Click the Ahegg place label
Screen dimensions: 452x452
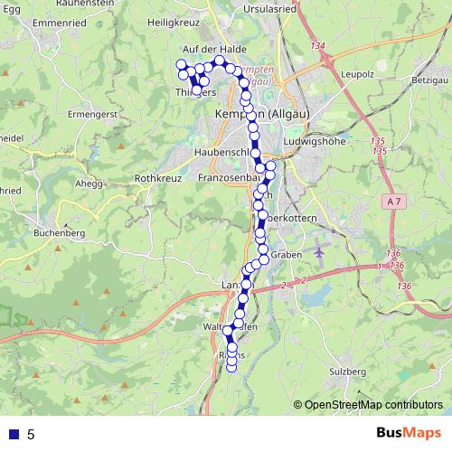click(x=89, y=182)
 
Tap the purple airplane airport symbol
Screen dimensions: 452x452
click(x=320, y=251)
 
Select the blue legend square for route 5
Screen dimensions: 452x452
click(x=14, y=434)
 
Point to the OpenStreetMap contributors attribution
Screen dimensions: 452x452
click(x=372, y=405)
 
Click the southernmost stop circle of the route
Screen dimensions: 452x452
click(x=232, y=365)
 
